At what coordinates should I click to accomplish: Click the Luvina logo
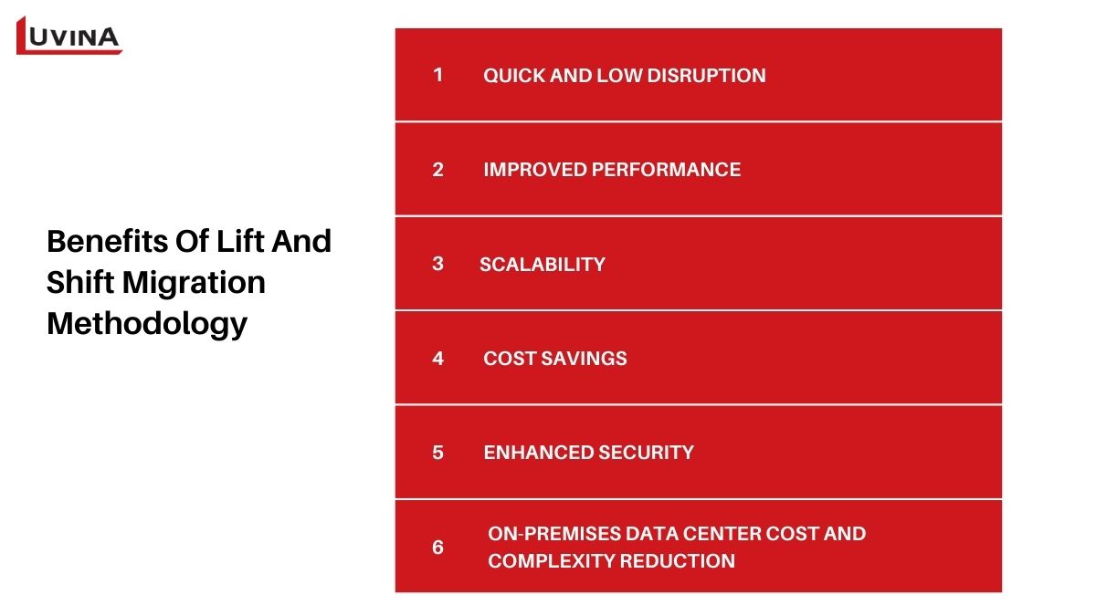coord(69,36)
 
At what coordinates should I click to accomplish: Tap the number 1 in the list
coord(437,75)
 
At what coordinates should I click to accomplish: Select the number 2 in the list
coord(437,170)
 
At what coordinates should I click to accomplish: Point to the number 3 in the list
coord(437,264)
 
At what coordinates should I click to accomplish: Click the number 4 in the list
coord(437,359)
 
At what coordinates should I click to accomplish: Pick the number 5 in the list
coord(437,453)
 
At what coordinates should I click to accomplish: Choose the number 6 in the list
coord(437,547)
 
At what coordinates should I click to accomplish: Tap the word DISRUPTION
coord(706,75)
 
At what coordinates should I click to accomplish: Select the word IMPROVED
coord(535,170)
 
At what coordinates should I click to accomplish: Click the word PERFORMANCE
coord(666,170)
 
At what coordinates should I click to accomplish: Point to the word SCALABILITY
coord(543,265)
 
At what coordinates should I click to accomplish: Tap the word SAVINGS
coord(585,359)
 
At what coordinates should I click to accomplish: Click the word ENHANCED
coord(538,453)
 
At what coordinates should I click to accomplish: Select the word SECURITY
coord(647,453)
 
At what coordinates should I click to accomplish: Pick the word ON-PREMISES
coord(554,533)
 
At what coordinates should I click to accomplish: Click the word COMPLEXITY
coord(551,560)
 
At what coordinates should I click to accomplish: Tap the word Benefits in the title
coord(108,241)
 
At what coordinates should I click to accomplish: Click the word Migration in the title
coord(194,283)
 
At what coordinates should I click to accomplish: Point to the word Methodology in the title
coord(147,324)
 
